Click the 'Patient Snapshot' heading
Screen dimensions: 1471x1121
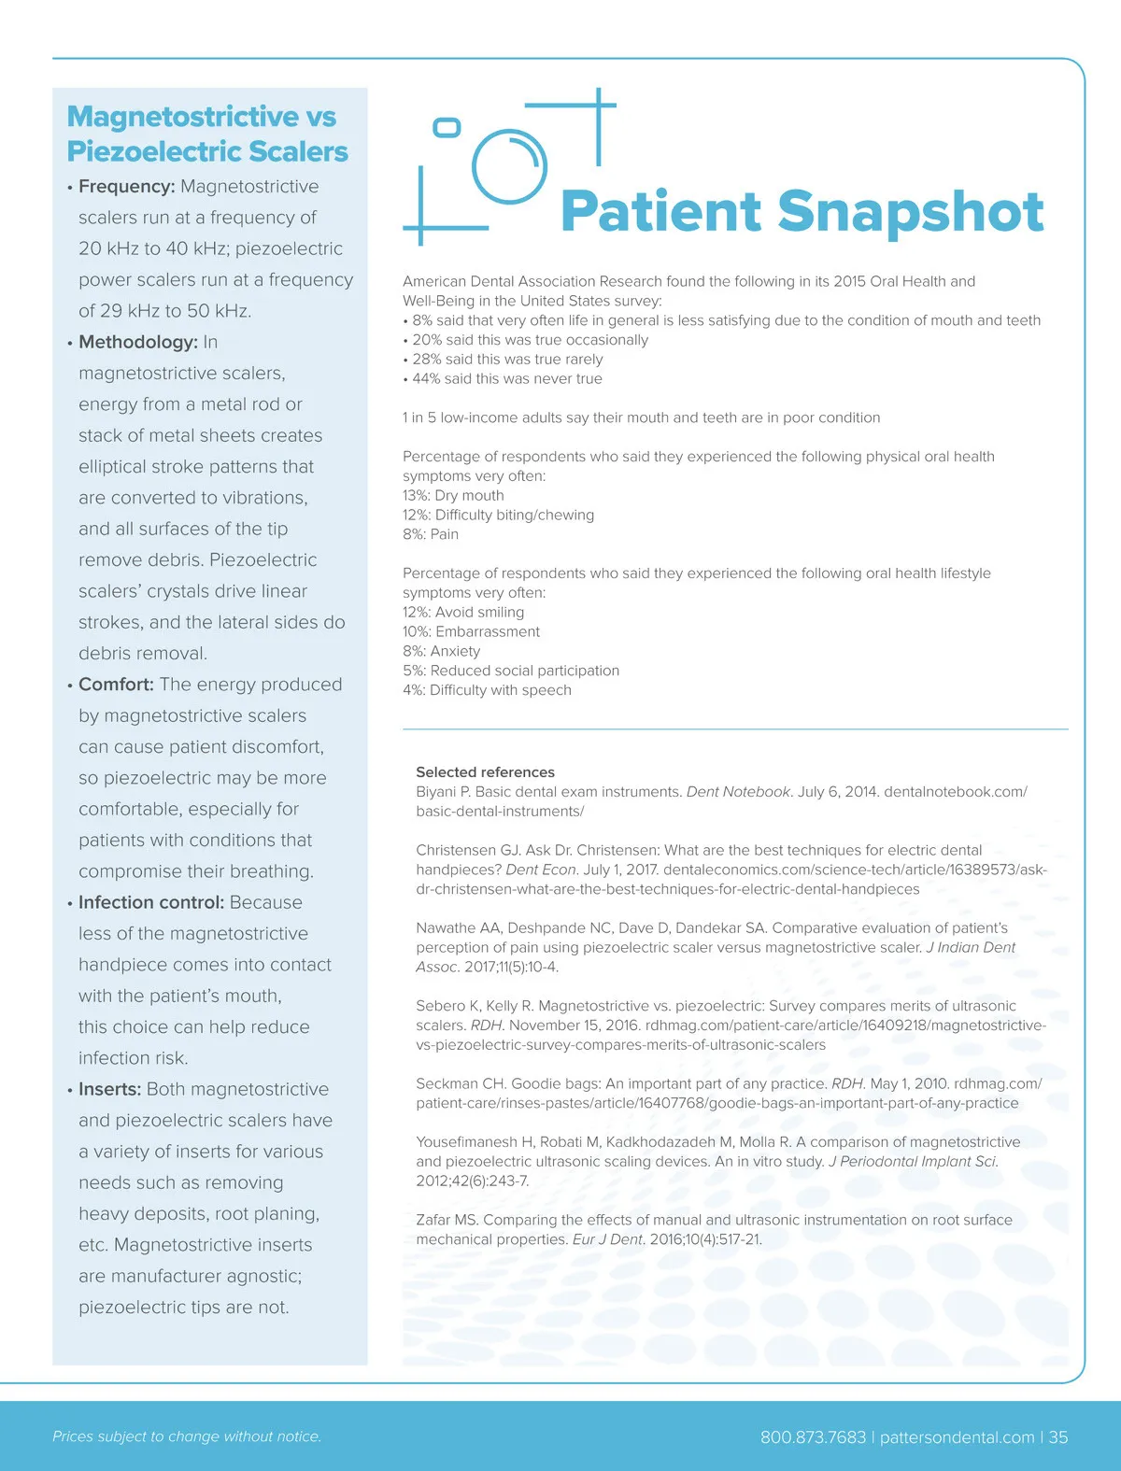(x=802, y=211)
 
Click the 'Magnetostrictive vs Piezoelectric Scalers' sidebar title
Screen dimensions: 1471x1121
(x=206, y=134)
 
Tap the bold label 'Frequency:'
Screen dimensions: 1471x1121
(x=126, y=187)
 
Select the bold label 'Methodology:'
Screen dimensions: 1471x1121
(x=137, y=342)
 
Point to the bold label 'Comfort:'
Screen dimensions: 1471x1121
(x=116, y=685)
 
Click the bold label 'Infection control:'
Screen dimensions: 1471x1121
(x=150, y=902)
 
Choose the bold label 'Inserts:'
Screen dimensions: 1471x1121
(x=109, y=1089)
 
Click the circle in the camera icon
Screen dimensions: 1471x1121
(x=508, y=166)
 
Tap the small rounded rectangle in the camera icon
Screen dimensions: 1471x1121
(x=447, y=127)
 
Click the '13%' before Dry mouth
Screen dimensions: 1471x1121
(x=416, y=495)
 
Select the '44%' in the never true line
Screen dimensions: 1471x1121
(x=427, y=378)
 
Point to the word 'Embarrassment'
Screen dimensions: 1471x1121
(x=487, y=631)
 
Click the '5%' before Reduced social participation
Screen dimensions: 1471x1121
(x=414, y=671)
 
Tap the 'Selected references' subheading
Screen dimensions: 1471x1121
(x=485, y=772)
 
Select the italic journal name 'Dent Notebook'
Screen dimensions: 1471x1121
(x=739, y=792)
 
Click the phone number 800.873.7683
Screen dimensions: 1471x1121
(x=813, y=1437)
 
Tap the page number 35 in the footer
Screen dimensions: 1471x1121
(x=1057, y=1437)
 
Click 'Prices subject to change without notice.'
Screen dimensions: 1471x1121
(x=187, y=1436)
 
